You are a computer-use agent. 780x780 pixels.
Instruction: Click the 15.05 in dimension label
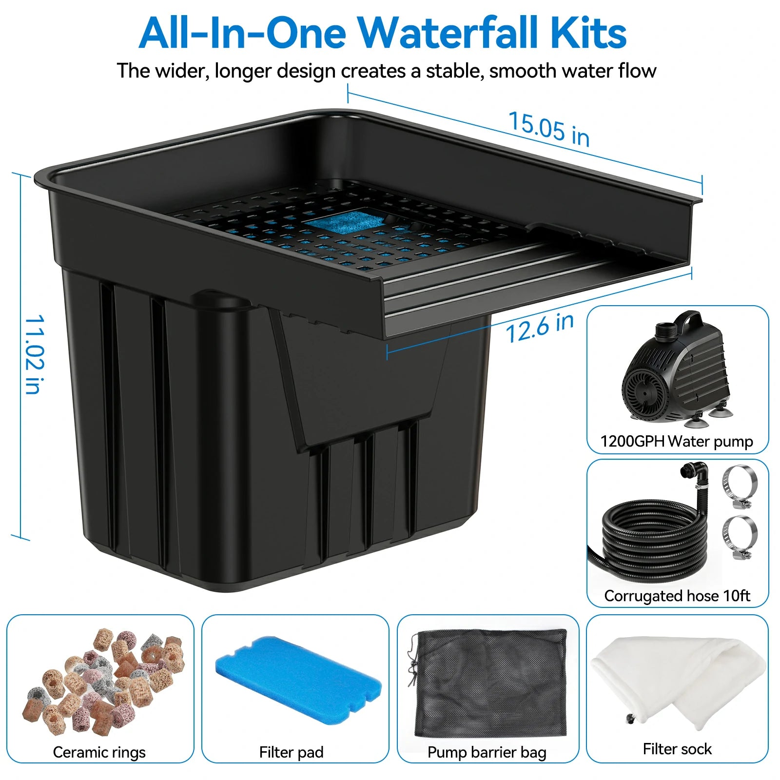point(549,128)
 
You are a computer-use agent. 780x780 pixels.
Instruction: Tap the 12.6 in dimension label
point(540,328)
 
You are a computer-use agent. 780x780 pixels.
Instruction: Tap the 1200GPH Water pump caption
point(677,442)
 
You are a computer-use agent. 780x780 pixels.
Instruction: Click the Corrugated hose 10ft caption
point(677,596)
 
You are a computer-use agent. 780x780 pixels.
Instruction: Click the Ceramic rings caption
point(99,752)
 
